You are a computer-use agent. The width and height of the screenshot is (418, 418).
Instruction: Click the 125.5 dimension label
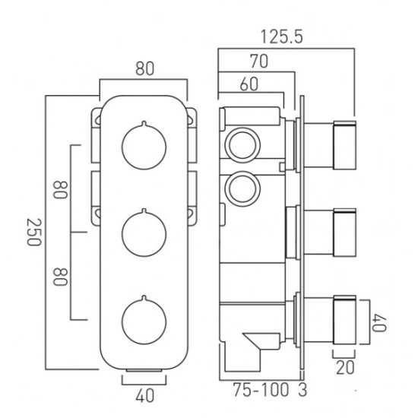coord(282,36)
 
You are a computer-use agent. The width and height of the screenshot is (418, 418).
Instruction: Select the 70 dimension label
coord(259,62)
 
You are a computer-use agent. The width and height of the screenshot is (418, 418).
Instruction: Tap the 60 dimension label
coord(249,84)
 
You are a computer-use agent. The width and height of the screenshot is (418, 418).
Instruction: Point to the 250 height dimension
coord(34,232)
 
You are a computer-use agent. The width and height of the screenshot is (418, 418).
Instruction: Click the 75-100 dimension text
coord(261,390)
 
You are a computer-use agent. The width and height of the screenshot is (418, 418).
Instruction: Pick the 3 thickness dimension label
coord(302,390)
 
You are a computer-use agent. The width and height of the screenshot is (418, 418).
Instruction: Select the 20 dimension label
coord(345,367)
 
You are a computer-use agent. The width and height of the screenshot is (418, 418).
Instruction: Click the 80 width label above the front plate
coord(144,68)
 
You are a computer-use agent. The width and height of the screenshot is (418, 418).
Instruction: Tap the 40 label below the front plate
coord(144,395)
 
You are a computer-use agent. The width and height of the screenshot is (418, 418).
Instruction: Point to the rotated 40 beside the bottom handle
coord(379,323)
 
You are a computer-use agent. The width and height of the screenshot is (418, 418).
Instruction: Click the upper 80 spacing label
coord(60,190)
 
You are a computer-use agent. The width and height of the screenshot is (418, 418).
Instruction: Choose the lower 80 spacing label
coord(60,277)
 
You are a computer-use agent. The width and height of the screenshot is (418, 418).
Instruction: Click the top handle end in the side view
coord(345,145)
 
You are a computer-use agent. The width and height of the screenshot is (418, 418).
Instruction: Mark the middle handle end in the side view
coord(345,233)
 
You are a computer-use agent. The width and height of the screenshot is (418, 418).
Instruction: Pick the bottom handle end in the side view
coord(345,320)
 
